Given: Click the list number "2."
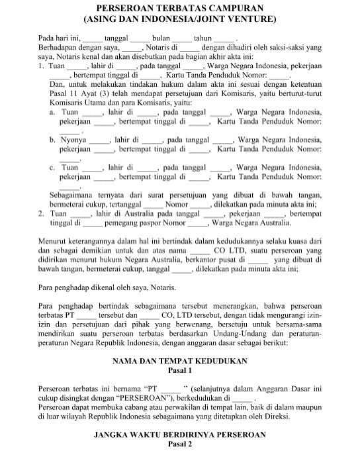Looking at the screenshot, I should point(42,215).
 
